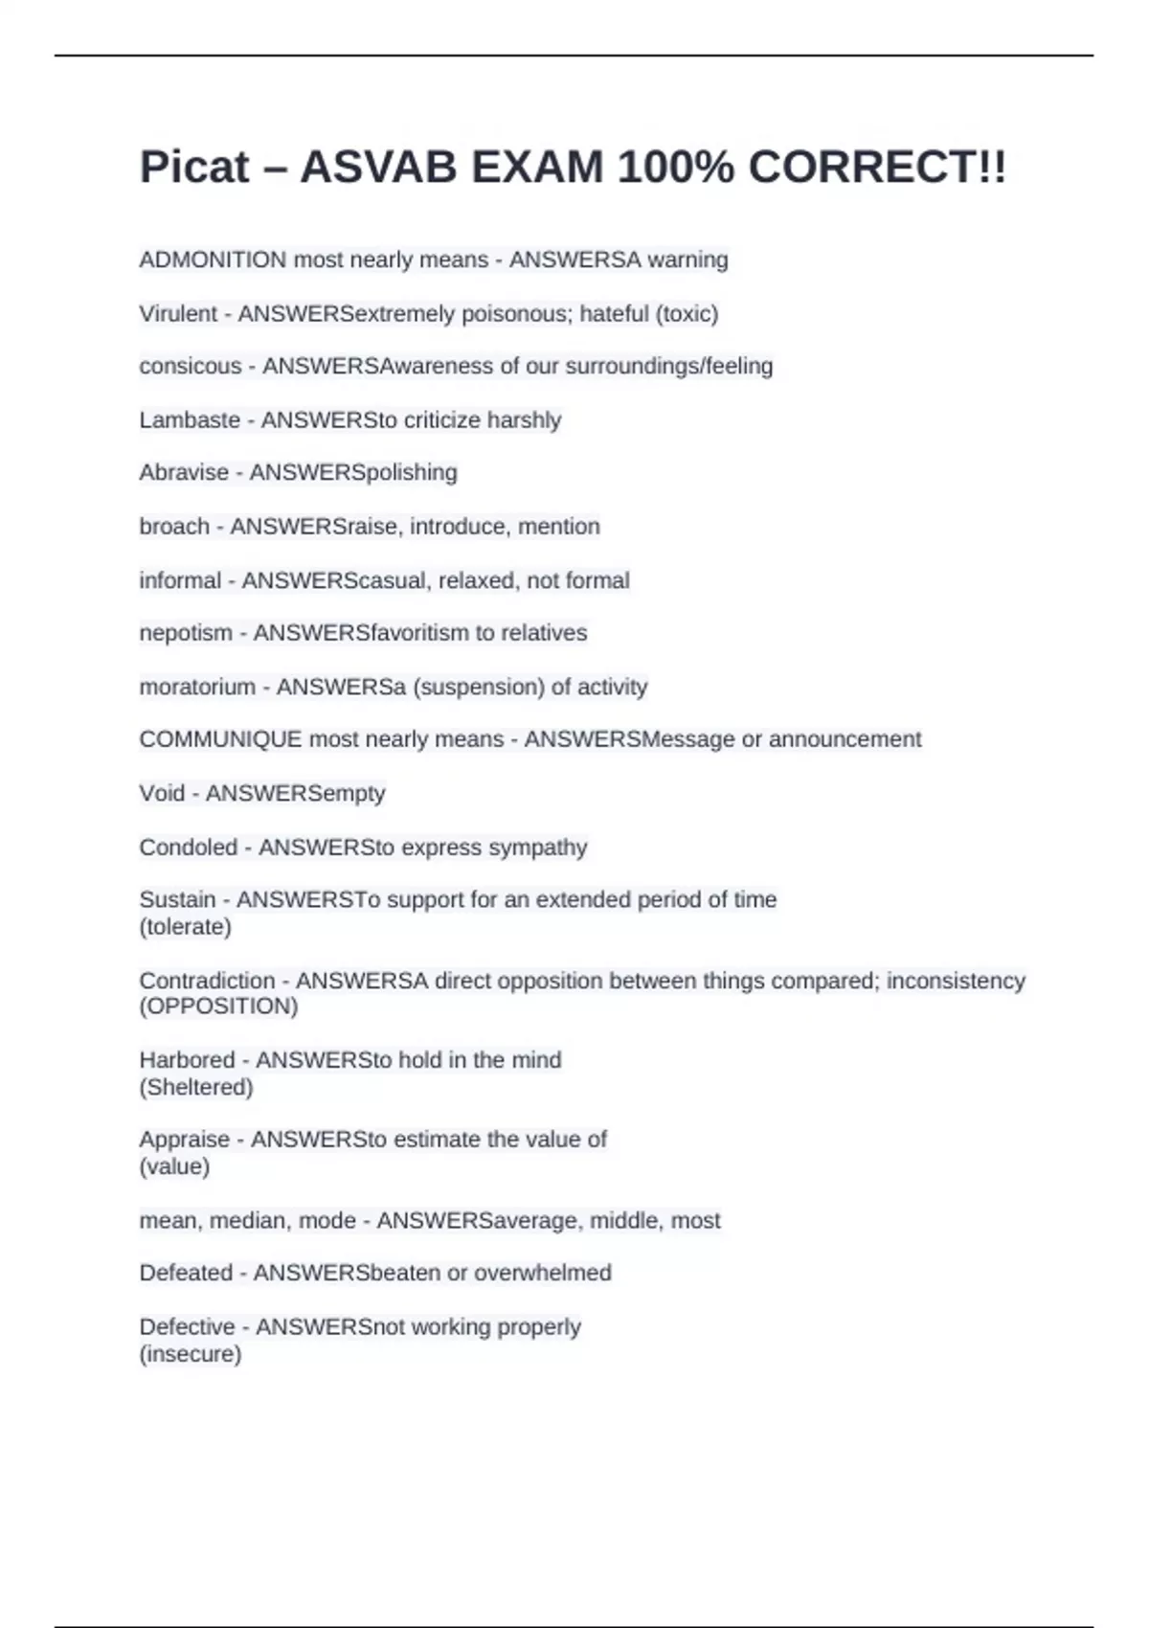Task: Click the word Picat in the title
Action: [194, 169]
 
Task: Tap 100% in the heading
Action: [675, 169]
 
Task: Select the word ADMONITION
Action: [213, 260]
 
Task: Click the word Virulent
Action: [178, 313]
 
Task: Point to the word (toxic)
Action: [687, 313]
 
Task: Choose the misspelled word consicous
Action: [191, 366]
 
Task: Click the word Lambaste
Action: [190, 419]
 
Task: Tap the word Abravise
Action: [184, 472]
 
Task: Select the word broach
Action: [174, 526]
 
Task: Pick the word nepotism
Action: [186, 633]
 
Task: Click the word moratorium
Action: [197, 687]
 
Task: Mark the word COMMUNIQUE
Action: [220, 739]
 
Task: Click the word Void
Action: [162, 793]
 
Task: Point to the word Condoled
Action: [188, 848]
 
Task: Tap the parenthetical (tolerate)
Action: [186, 927]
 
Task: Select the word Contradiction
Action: [207, 981]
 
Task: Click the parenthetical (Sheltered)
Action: [196, 1087]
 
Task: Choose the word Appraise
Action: [185, 1140]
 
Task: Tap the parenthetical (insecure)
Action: [191, 1354]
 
